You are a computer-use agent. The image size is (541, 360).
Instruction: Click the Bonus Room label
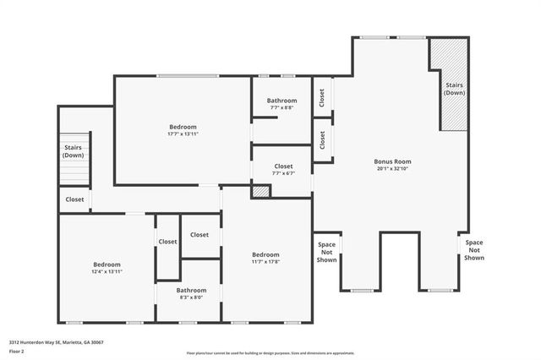392,161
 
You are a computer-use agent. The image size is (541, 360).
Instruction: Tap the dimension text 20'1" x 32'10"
392,169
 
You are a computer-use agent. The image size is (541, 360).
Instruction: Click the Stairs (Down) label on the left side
73,151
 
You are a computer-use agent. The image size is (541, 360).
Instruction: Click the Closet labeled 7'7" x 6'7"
283,170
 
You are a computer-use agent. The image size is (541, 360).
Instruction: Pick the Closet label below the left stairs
74,199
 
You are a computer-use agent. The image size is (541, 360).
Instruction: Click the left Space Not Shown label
326,253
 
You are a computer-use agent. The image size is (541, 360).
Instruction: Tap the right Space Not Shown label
473,250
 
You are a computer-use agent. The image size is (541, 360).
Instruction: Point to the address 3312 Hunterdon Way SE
56,342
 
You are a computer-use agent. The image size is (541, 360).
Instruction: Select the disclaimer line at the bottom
270,353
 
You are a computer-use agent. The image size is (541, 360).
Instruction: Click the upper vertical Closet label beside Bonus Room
322,97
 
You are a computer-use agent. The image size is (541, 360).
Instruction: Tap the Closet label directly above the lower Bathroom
199,235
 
